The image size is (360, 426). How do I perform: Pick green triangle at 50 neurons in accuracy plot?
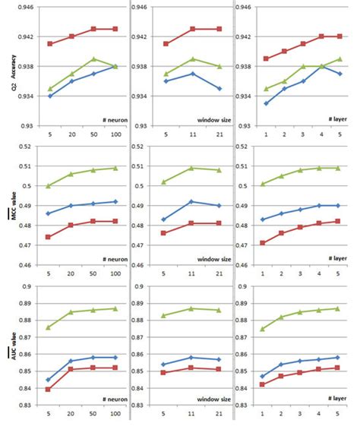93,58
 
